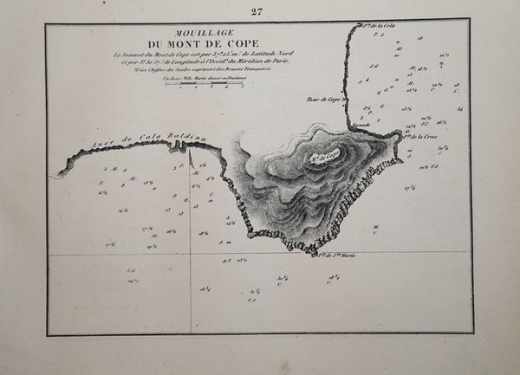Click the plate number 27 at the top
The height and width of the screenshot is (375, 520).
click(x=256, y=11)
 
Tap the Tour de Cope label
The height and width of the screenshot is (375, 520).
click(x=322, y=100)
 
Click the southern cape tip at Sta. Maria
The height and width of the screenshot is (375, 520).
click(x=313, y=251)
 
